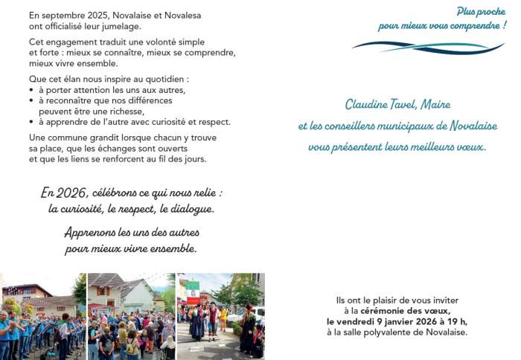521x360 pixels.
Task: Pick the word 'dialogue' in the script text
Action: coord(191,209)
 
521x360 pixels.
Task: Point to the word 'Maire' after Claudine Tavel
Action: coord(438,105)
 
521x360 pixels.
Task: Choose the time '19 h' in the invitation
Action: coord(457,321)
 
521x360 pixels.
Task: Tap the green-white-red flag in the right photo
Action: coord(193,285)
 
